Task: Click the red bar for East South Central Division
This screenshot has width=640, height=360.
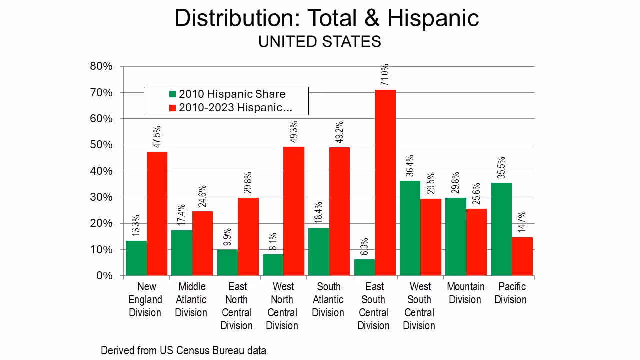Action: (x=385, y=182)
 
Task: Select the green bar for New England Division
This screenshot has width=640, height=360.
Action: (x=136, y=258)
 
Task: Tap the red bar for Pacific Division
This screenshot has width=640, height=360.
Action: (x=522, y=256)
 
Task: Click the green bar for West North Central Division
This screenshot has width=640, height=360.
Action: (x=273, y=265)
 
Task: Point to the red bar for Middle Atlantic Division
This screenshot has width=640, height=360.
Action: (x=202, y=243)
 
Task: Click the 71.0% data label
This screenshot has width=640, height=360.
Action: (x=385, y=75)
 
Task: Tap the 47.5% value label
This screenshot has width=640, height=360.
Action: (x=157, y=136)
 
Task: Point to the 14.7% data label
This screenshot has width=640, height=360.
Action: (x=522, y=222)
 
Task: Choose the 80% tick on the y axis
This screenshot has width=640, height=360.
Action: (x=102, y=67)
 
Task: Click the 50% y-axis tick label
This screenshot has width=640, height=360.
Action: (x=102, y=145)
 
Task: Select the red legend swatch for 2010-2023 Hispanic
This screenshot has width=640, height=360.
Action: (x=173, y=108)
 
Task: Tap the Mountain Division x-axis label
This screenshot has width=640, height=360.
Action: (x=466, y=293)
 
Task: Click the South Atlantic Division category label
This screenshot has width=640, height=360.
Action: (x=328, y=300)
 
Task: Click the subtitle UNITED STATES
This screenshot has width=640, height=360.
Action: (x=319, y=42)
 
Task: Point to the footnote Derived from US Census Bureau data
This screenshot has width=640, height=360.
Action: (x=183, y=350)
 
